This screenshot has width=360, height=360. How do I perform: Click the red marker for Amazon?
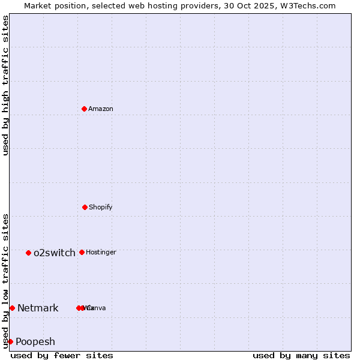(x=84, y=109)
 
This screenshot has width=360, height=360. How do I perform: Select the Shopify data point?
(x=85, y=207)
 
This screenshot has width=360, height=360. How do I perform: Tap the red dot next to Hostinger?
(x=82, y=252)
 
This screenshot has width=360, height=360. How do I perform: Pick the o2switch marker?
(x=28, y=253)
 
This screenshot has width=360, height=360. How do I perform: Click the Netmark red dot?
(x=12, y=308)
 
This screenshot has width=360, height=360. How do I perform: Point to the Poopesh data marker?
(x=10, y=341)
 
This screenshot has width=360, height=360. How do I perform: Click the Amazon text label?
(x=101, y=109)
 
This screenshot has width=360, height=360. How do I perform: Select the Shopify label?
(x=101, y=207)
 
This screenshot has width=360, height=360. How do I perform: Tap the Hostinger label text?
(x=101, y=252)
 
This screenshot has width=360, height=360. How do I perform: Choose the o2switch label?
(x=55, y=253)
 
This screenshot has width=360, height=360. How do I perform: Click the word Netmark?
(x=38, y=308)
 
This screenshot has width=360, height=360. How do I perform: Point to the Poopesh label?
(x=35, y=341)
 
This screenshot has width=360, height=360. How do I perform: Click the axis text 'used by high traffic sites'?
(x=5, y=85)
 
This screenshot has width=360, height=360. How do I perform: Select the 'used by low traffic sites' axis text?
(x=5, y=280)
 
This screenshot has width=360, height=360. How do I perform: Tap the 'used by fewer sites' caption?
(x=62, y=355)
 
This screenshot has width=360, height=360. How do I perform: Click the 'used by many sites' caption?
(x=301, y=355)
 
